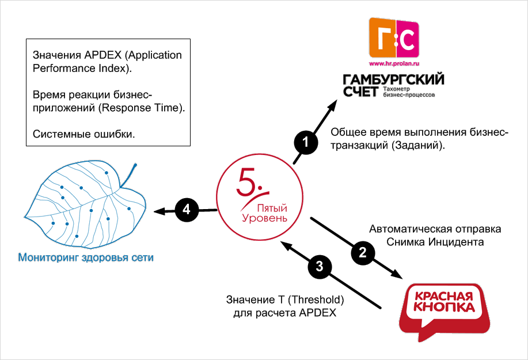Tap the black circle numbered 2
tap(362, 252)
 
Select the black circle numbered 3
tap(320, 266)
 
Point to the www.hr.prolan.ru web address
tap(394, 63)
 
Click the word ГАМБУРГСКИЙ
tap(394, 78)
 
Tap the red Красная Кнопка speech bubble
tap(442, 308)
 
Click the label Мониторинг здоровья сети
tap(86, 257)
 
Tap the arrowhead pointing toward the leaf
tap(161, 211)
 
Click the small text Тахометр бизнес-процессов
tap(411, 92)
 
